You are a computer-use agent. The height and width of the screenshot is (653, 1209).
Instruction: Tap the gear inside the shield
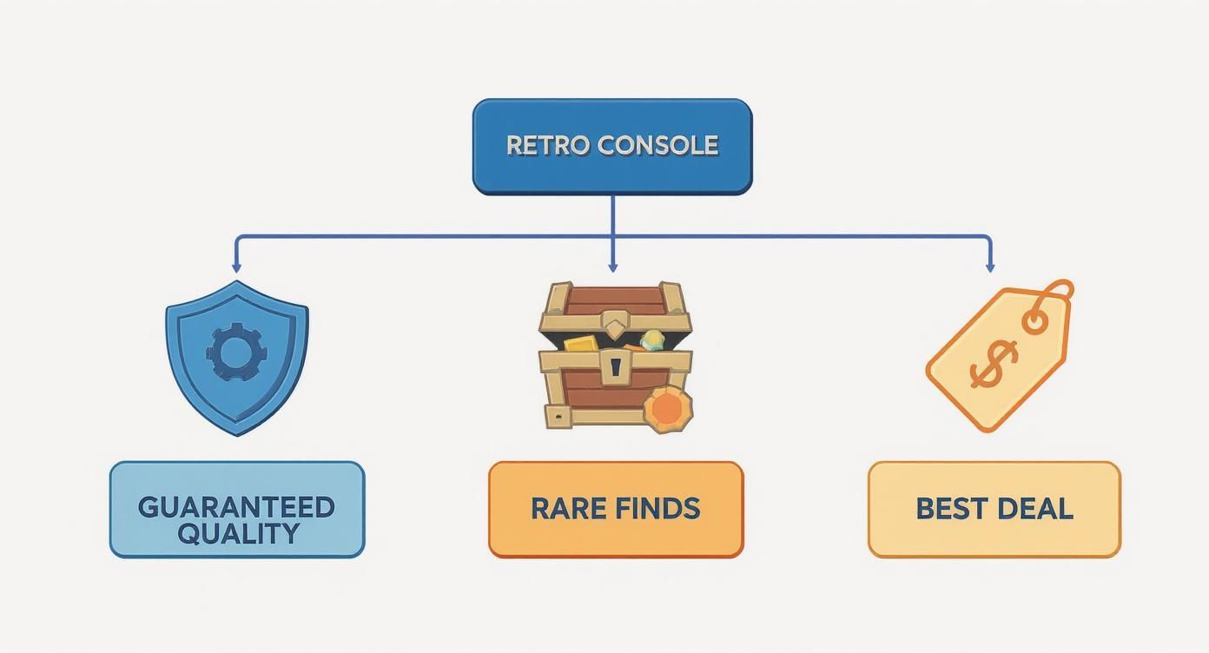pos(236,353)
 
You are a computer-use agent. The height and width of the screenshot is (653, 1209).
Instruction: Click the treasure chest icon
pos(615,356)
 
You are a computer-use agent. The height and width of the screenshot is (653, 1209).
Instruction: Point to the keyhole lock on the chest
pos(616,368)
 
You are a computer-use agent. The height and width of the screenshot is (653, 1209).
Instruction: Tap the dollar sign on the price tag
pos(994,363)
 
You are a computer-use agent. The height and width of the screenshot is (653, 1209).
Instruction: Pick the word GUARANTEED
pos(236,507)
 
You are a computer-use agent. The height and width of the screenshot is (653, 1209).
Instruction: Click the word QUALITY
pos(236,532)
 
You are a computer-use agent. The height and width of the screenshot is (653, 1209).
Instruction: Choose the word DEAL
pos(1035,508)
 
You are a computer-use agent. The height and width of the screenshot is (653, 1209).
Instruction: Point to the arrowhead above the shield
pos(236,268)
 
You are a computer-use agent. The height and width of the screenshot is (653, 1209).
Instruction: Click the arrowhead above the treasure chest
pos(612,267)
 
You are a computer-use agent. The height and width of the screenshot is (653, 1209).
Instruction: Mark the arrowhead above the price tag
pos(990,268)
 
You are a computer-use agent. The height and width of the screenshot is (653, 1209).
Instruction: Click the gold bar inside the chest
pos(584,342)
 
